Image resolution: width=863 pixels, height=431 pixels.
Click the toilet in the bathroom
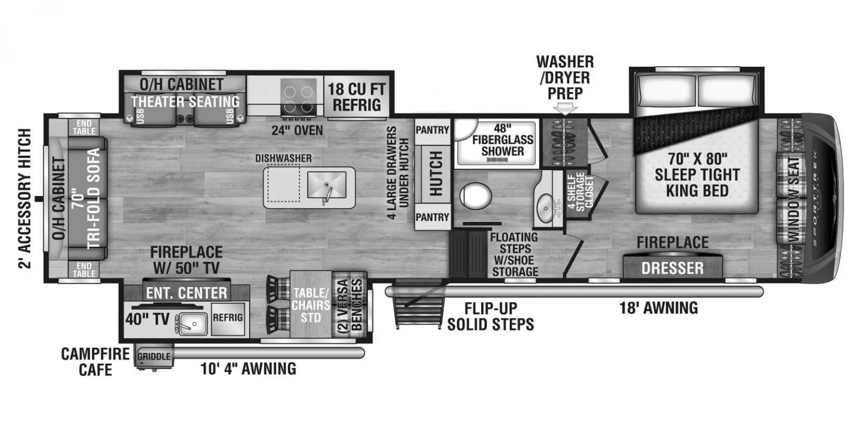[x=475, y=196]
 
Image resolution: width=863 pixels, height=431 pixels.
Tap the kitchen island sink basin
[x=326, y=185]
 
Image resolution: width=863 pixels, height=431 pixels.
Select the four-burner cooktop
[x=298, y=98]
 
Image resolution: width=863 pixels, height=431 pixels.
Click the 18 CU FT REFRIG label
[x=357, y=97]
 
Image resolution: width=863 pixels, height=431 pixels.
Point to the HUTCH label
[x=436, y=173]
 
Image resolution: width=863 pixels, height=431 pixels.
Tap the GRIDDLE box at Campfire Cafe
[x=154, y=356]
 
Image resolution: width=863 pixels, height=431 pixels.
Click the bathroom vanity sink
[x=545, y=208]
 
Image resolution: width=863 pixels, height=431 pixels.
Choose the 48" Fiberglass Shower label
[x=502, y=140]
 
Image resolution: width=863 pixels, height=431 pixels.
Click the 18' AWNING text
[x=659, y=308]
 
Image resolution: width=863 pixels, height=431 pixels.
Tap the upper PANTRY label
[x=432, y=130]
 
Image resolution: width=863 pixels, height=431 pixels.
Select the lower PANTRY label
[x=432, y=218]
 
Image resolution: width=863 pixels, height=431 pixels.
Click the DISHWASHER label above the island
[x=283, y=158]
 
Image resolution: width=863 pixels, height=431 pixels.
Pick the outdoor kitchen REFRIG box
[x=228, y=318]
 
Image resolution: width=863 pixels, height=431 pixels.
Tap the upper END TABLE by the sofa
[x=84, y=127]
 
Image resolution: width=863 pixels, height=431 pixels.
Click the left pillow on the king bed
[x=666, y=91]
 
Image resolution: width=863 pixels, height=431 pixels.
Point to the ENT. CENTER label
[x=187, y=293]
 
